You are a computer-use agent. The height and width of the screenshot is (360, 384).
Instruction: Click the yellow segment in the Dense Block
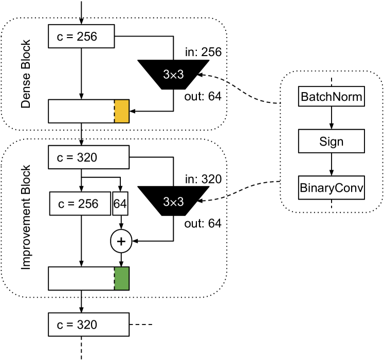pyautogui.click(x=121, y=112)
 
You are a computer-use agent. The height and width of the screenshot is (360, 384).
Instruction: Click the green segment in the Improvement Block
pyautogui.click(x=121, y=278)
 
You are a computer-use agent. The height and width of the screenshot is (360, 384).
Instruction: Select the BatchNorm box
pyautogui.click(x=332, y=97)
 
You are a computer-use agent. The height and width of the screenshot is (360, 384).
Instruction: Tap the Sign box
pyautogui.click(x=332, y=140)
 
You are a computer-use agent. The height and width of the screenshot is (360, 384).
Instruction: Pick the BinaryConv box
pyautogui.click(x=332, y=188)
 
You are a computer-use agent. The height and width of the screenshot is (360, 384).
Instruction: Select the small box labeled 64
pyautogui.click(x=120, y=204)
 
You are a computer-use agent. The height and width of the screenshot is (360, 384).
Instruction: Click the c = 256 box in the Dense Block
pyautogui.click(x=81, y=37)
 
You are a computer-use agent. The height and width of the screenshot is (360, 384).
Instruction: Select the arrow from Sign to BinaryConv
pyautogui.click(x=332, y=164)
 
